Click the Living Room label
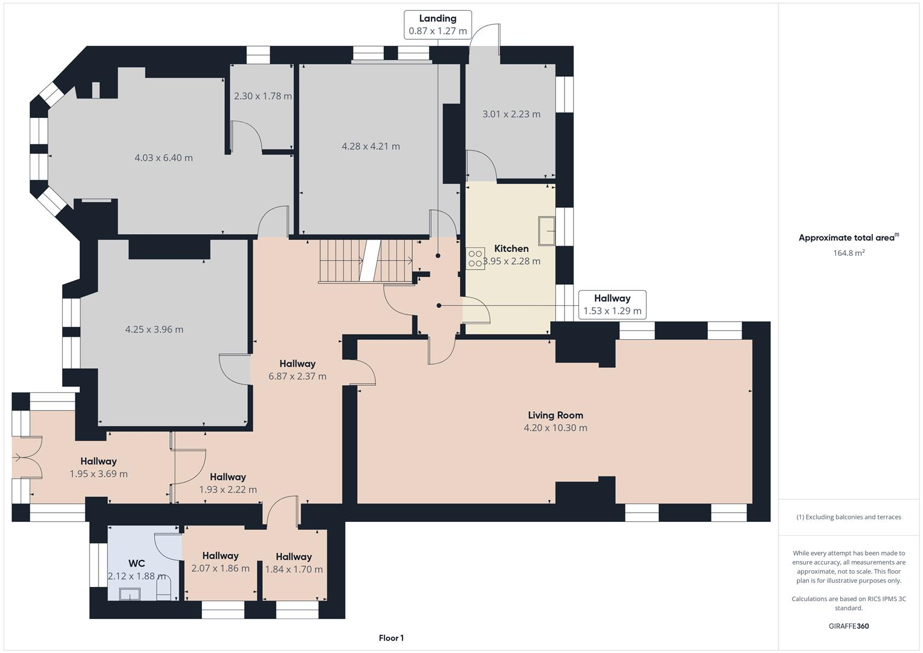tap(555, 415)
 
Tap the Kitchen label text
tap(511, 249)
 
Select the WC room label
tap(137, 564)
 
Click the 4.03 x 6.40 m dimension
tap(164, 158)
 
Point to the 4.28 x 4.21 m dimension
tap(371, 146)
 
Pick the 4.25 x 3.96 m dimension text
tap(154, 330)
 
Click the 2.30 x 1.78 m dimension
tap(263, 96)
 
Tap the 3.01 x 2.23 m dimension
tap(511, 114)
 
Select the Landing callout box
tap(438, 25)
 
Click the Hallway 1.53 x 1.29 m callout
tap(612, 305)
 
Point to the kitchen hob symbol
tap(475, 259)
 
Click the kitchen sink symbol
tap(547, 230)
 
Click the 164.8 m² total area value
tap(849, 253)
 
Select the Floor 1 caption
tap(391, 638)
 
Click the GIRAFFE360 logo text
tap(849, 626)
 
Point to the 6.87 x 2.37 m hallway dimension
tap(297, 376)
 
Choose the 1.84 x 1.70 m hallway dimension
tap(294, 569)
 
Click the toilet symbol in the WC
tap(164, 588)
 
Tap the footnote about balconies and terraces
tap(849, 517)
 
